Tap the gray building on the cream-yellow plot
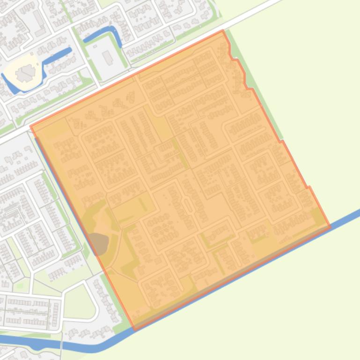pos(24,73)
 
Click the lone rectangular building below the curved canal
pos(108,58)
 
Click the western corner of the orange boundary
pos(30,126)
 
